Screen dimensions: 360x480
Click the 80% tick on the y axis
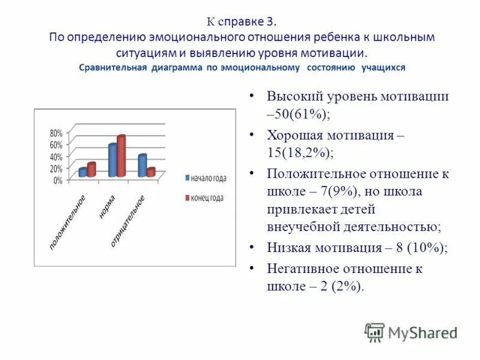55,133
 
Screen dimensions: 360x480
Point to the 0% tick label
58,180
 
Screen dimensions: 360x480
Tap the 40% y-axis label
55,157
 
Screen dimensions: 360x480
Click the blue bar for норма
112,160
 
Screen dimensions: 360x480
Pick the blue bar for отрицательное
142,166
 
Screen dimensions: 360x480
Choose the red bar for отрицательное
151,172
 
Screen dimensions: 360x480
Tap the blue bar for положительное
83,172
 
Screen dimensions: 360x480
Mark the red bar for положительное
91,170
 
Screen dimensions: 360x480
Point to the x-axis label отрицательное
127,221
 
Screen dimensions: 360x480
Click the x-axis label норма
107,207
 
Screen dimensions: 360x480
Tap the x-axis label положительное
67,223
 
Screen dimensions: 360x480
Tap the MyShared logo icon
374,332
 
